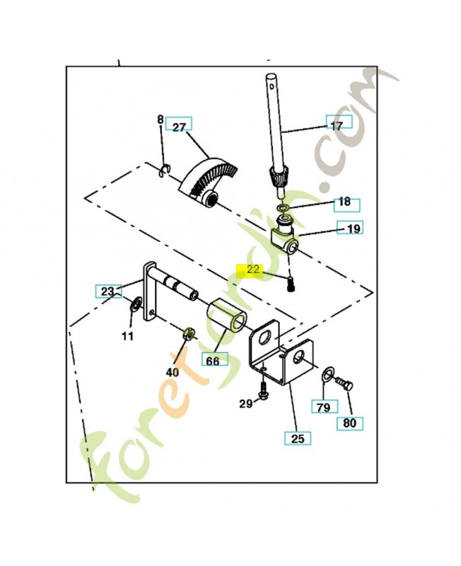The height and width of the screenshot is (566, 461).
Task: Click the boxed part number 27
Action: point(179,127)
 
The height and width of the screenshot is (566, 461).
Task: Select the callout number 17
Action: point(337,125)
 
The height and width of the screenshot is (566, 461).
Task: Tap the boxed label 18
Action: point(344,202)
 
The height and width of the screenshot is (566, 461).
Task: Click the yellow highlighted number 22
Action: point(253,270)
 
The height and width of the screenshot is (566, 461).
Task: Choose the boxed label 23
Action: point(107,290)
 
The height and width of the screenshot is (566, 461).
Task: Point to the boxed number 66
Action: point(213,360)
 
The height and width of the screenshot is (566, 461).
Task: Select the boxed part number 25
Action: point(297,439)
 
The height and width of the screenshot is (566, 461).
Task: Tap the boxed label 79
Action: point(325,407)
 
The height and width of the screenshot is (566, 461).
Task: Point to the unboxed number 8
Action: point(160,120)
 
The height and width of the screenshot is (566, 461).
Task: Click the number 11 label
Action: point(127,336)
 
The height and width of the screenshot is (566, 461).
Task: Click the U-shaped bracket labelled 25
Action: point(283,354)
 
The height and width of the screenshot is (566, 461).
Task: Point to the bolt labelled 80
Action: point(344,383)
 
